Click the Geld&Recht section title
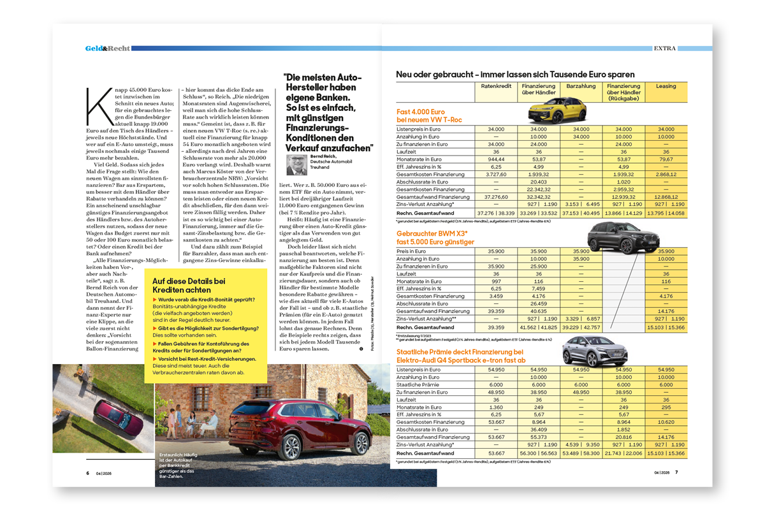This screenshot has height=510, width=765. tap(108, 48)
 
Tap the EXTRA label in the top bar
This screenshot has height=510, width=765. tap(666, 48)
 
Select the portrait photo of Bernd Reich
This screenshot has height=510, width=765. tap(296, 165)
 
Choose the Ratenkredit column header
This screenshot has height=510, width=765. tap(496, 86)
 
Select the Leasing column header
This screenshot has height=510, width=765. tap(666, 86)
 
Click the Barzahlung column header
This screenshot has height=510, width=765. tap(581, 86)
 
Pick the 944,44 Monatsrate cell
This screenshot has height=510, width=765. tap(496, 159)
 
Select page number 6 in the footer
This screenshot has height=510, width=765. tap(87, 472)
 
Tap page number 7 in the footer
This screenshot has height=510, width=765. tap(676, 472)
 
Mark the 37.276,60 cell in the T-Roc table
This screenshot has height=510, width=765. tap(496, 197)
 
